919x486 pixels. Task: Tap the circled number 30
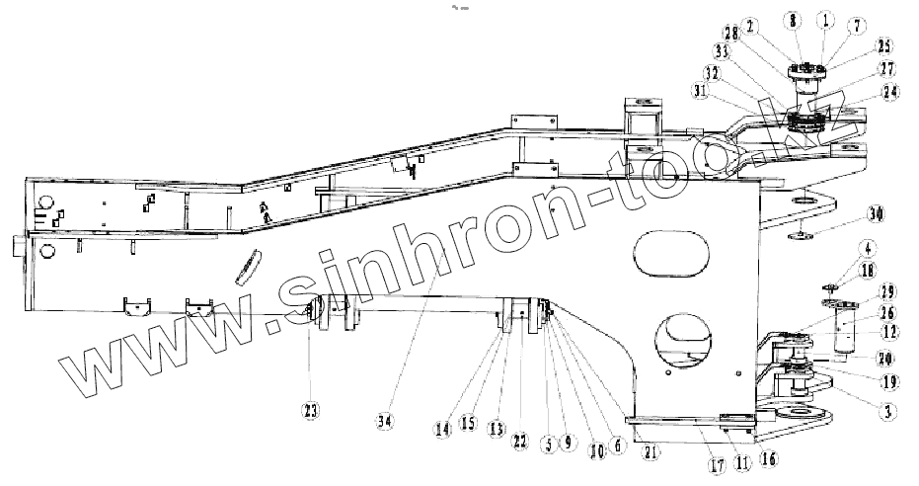point(877,213)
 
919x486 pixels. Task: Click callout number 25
point(883,45)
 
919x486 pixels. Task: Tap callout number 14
point(443,428)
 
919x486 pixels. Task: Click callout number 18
point(866,270)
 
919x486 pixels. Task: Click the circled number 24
point(890,91)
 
